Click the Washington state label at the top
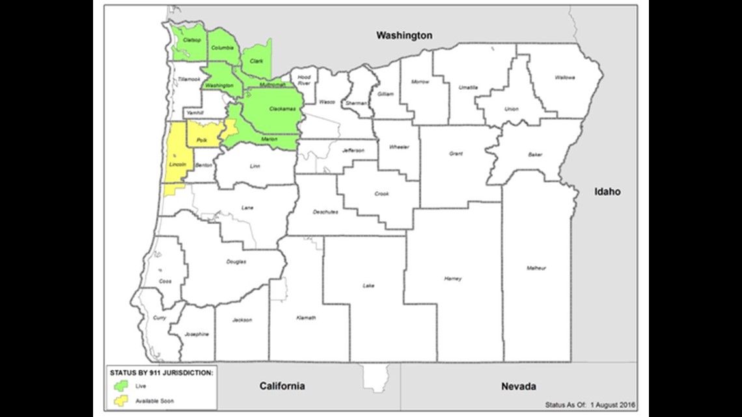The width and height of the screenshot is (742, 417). click(404, 35)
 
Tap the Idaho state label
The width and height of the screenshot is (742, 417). click(606, 191)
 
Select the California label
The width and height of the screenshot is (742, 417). click(282, 386)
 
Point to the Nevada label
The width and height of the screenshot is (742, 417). click(518, 386)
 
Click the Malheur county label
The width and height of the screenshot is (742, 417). click(537, 268)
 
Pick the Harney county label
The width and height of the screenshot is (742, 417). click(452, 278)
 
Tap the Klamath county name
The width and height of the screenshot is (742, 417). click(306, 317)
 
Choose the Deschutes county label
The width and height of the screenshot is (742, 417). click(325, 211)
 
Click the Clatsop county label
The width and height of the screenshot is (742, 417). click(191, 40)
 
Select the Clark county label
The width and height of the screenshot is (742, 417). click(256, 61)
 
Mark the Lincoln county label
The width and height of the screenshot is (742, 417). click(177, 165)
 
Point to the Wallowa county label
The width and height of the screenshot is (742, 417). click(564, 77)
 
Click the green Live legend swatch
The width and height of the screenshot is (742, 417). click(120, 386)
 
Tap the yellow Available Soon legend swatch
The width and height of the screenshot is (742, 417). click(120, 401)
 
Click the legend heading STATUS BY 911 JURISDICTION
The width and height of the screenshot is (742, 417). click(161, 372)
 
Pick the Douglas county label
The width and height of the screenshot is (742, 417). click(236, 262)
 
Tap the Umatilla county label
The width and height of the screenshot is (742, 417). click(468, 87)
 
